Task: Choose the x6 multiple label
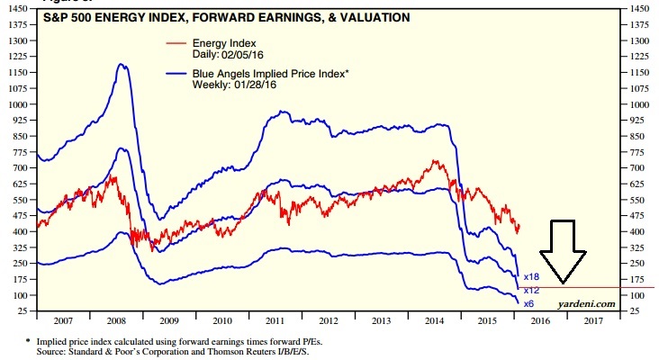point(529,304)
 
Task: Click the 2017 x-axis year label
point(592,319)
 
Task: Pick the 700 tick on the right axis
point(636,168)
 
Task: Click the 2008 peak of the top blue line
point(121,64)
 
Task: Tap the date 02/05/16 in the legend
point(235,55)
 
